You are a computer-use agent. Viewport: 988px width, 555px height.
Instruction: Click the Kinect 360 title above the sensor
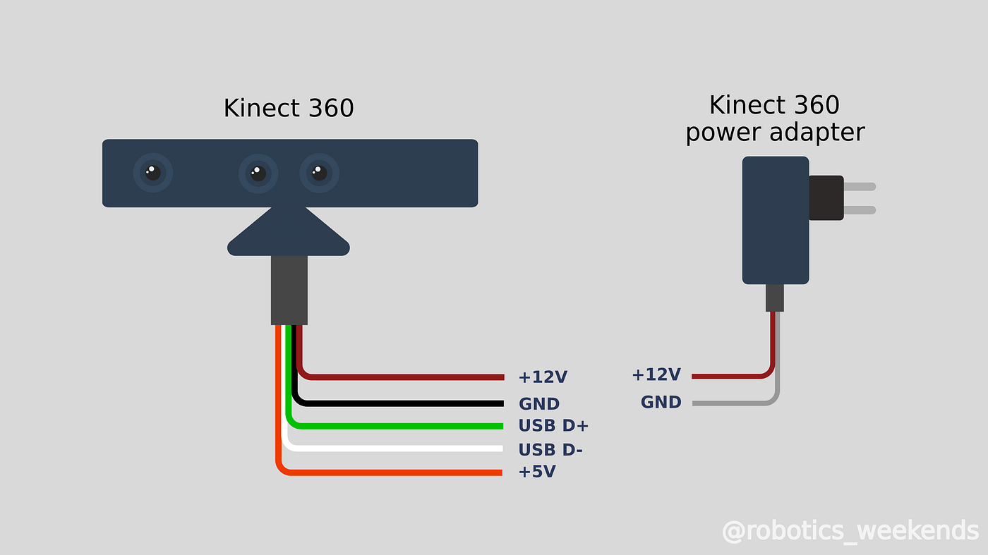point(289,109)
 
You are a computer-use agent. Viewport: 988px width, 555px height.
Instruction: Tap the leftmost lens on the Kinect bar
point(152,173)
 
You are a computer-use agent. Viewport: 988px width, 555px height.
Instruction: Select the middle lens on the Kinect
point(258,173)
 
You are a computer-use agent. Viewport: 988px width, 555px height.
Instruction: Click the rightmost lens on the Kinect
point(319,173)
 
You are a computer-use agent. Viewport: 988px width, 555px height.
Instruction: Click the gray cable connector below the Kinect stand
point(289,290)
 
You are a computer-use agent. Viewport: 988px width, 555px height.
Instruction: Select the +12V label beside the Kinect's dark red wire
point(543,377)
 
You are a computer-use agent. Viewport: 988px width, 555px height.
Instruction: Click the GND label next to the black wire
point(539,404)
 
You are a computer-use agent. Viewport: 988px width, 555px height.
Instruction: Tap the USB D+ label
point(553,426)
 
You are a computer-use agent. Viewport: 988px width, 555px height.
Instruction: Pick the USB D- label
point(550,450)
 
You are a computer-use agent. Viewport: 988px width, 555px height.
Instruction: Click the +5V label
point(537,472)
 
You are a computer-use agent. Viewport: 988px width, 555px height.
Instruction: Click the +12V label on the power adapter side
point(656,374)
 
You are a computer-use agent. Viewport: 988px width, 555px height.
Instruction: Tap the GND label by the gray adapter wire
point(661,402)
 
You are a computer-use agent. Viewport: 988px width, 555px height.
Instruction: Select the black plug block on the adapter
point(826,197)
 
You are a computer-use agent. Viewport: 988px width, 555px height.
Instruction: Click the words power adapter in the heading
point(775,133)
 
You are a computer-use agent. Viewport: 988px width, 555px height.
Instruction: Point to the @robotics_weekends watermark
point(850,530)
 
